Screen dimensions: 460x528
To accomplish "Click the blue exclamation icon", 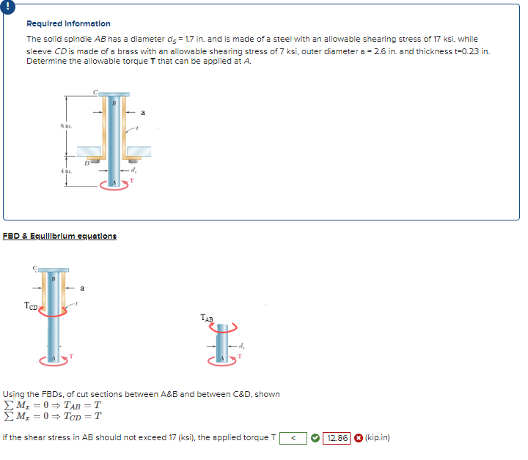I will (7, 7).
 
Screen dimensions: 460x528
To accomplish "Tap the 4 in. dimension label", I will (65, 171).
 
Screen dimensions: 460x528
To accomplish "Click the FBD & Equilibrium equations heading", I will (59, 236).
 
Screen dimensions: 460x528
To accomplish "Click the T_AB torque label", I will (207, 318).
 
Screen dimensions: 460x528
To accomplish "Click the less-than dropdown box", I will (293, 438).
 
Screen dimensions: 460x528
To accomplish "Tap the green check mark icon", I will (314, 438).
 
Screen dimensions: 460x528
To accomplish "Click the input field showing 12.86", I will (337, 438).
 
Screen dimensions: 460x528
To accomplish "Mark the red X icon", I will (358, 438).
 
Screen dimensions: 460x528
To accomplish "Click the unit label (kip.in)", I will (377, 438).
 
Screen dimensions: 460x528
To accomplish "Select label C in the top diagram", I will (95, 91).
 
